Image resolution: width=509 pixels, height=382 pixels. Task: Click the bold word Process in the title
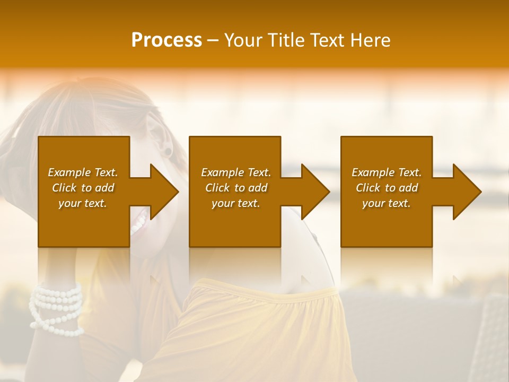point(166,40)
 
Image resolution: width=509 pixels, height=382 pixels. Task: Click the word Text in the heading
point(328,40)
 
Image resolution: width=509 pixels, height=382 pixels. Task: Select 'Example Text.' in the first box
point(83,172)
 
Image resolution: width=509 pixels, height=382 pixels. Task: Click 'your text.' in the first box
point(83,203)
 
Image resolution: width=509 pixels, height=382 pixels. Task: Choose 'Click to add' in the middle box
point(236,188)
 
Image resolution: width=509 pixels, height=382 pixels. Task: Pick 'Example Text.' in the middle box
point(236,172)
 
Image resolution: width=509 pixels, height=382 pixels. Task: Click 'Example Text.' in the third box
point(387,172)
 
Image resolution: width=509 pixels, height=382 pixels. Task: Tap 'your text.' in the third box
point(387,203)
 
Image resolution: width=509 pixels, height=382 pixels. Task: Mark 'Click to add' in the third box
point(387,188)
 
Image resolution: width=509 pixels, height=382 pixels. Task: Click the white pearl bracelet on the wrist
point(56,308)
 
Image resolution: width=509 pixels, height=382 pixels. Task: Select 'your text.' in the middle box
point(236,203)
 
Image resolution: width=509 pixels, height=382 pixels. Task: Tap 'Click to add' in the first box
point(83,188)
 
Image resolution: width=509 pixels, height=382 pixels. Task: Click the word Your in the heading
point(244,40)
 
